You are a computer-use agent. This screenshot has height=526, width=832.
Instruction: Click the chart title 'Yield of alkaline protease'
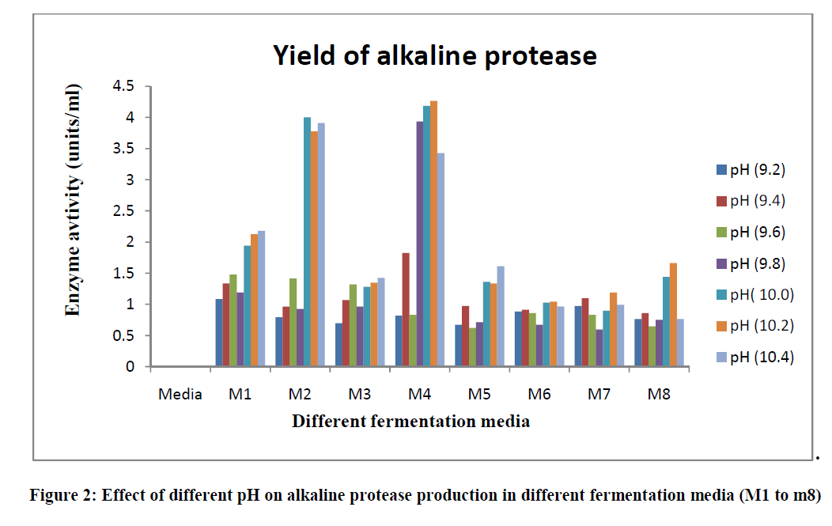pos(434,55)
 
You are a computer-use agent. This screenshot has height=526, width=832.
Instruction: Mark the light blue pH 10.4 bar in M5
pos(501,316)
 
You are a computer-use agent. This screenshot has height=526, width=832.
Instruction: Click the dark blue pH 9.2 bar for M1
pos(219,333)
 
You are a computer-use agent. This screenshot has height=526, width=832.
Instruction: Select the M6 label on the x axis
pos(539,394)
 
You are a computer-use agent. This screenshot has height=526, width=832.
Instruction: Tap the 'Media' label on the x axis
pos(180,394)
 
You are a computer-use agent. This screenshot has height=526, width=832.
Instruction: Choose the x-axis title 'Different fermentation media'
pos(410,421)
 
